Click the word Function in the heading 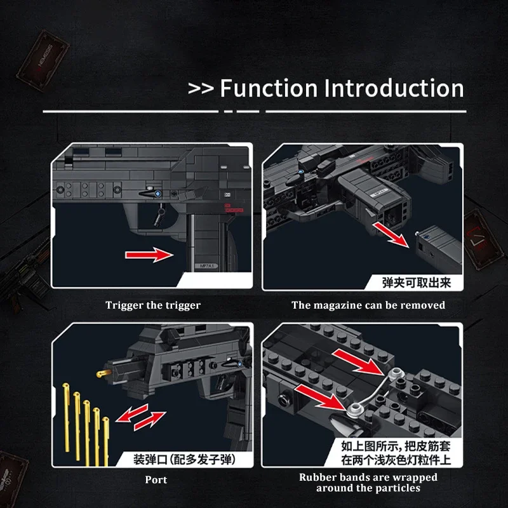pos(269,88)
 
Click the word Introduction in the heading pos(394,88)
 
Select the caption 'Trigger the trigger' pos(153,305)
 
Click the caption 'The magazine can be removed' pos(368,305)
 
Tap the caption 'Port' pos(156,479)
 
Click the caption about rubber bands pos(368,483)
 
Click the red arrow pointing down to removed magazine pos(389,232)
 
